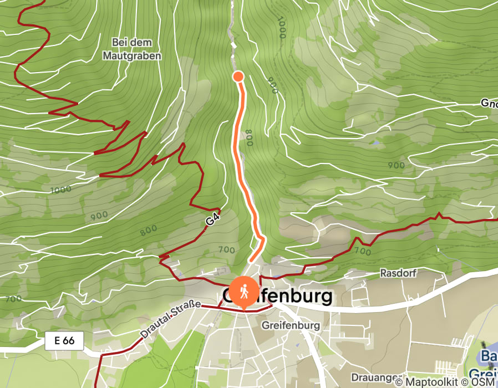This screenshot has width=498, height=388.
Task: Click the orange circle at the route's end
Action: [x=238, y=76]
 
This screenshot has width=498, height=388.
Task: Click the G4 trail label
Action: [x=211, y=221]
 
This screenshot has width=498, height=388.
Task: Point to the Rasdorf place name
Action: [x=398, y=273]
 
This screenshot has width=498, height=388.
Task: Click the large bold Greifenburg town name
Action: [x=277, y=296]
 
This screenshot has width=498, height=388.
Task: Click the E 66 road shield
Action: [x=64, y=340]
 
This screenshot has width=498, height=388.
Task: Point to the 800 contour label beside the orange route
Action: [x=248, y=136]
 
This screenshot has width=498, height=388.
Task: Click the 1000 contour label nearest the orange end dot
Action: [x=281, y=28]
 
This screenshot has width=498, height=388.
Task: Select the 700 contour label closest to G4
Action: [x=226, y=249]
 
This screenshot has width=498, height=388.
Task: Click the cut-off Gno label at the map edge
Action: [x=488, y=104]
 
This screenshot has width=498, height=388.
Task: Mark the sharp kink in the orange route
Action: [x=262, y=238]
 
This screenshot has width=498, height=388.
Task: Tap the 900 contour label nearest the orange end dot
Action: [x=272, y=85]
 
